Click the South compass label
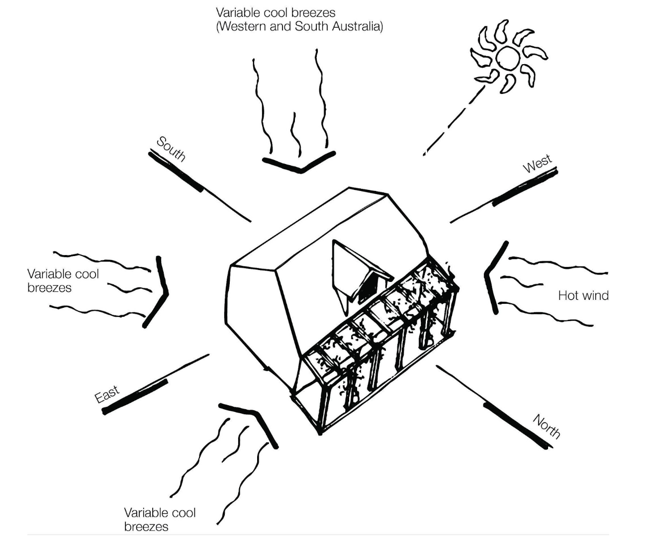tap(171, 148)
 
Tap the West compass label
tap(538, 163)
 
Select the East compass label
tap(107, 394)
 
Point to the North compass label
tap(547, 426)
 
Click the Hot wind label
tap(583, 296)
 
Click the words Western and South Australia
tap(299, 26)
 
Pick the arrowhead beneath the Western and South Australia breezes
tap(299, 164)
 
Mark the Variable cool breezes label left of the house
tap(63, 280)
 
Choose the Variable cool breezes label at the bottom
tap(160, 519)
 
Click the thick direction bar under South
tap(176, 172)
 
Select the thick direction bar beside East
tap(134, 396)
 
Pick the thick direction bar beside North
tap(517, 426)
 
